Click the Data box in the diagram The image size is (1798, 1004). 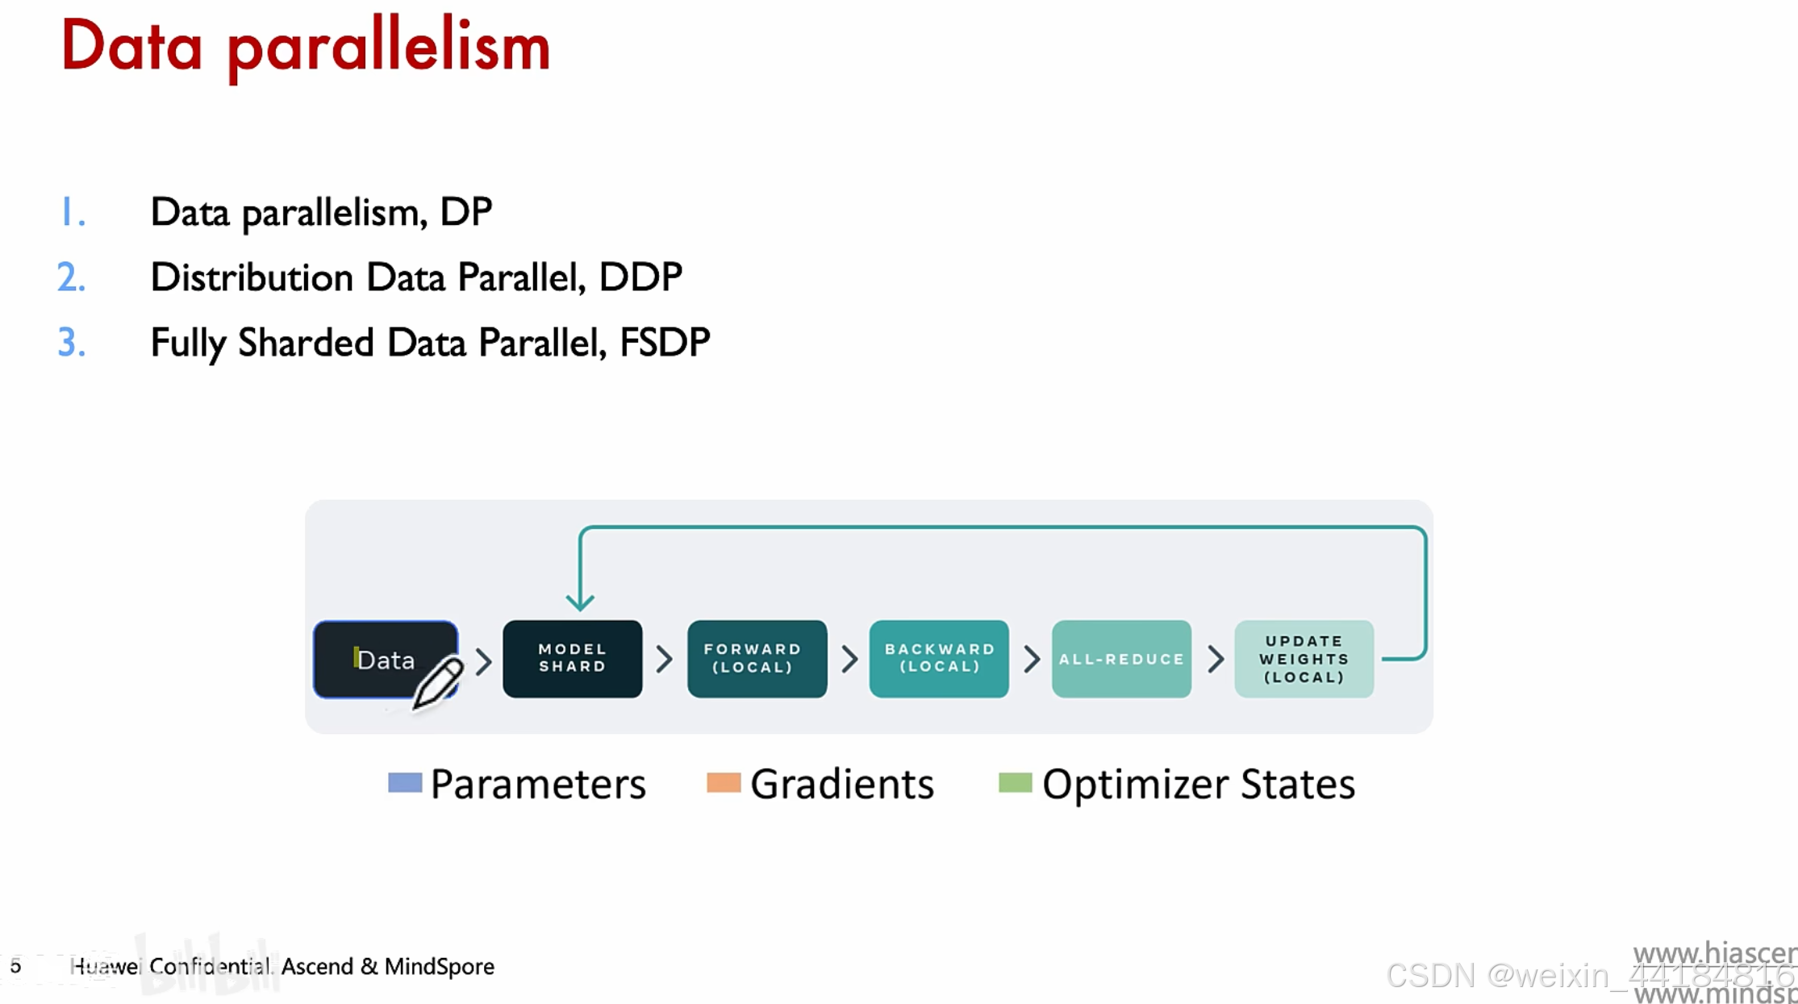379,658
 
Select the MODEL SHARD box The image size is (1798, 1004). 572,658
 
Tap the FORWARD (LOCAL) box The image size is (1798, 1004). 757,658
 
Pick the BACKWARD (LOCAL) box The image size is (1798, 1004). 939,658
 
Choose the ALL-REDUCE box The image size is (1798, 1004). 1121,658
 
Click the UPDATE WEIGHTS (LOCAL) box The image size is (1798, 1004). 1304,658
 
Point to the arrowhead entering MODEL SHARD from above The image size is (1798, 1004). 580,601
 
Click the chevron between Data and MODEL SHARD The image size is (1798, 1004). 483,661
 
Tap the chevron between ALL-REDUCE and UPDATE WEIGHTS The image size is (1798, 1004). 1215,659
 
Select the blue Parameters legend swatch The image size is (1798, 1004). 404,782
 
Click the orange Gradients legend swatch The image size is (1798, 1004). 723,782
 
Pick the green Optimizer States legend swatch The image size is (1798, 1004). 1015,782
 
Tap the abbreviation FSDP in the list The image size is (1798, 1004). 665,342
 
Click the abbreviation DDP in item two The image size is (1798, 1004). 640,277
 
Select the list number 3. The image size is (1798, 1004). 71,342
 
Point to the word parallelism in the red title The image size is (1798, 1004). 389,47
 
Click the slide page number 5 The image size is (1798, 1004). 15,965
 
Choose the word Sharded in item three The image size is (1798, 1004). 306,342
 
